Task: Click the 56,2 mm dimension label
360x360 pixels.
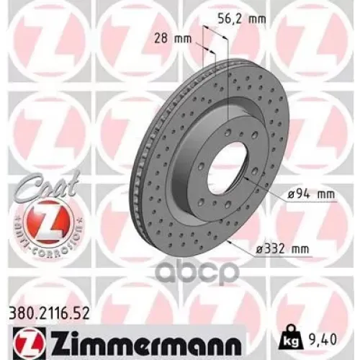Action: [242, 19]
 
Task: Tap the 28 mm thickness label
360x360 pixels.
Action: [173, 38]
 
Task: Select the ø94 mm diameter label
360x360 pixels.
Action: [311, 194]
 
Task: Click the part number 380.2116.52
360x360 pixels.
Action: [49, 313]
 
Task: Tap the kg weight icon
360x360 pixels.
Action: [289, 338]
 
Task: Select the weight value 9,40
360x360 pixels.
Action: [321, 340]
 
